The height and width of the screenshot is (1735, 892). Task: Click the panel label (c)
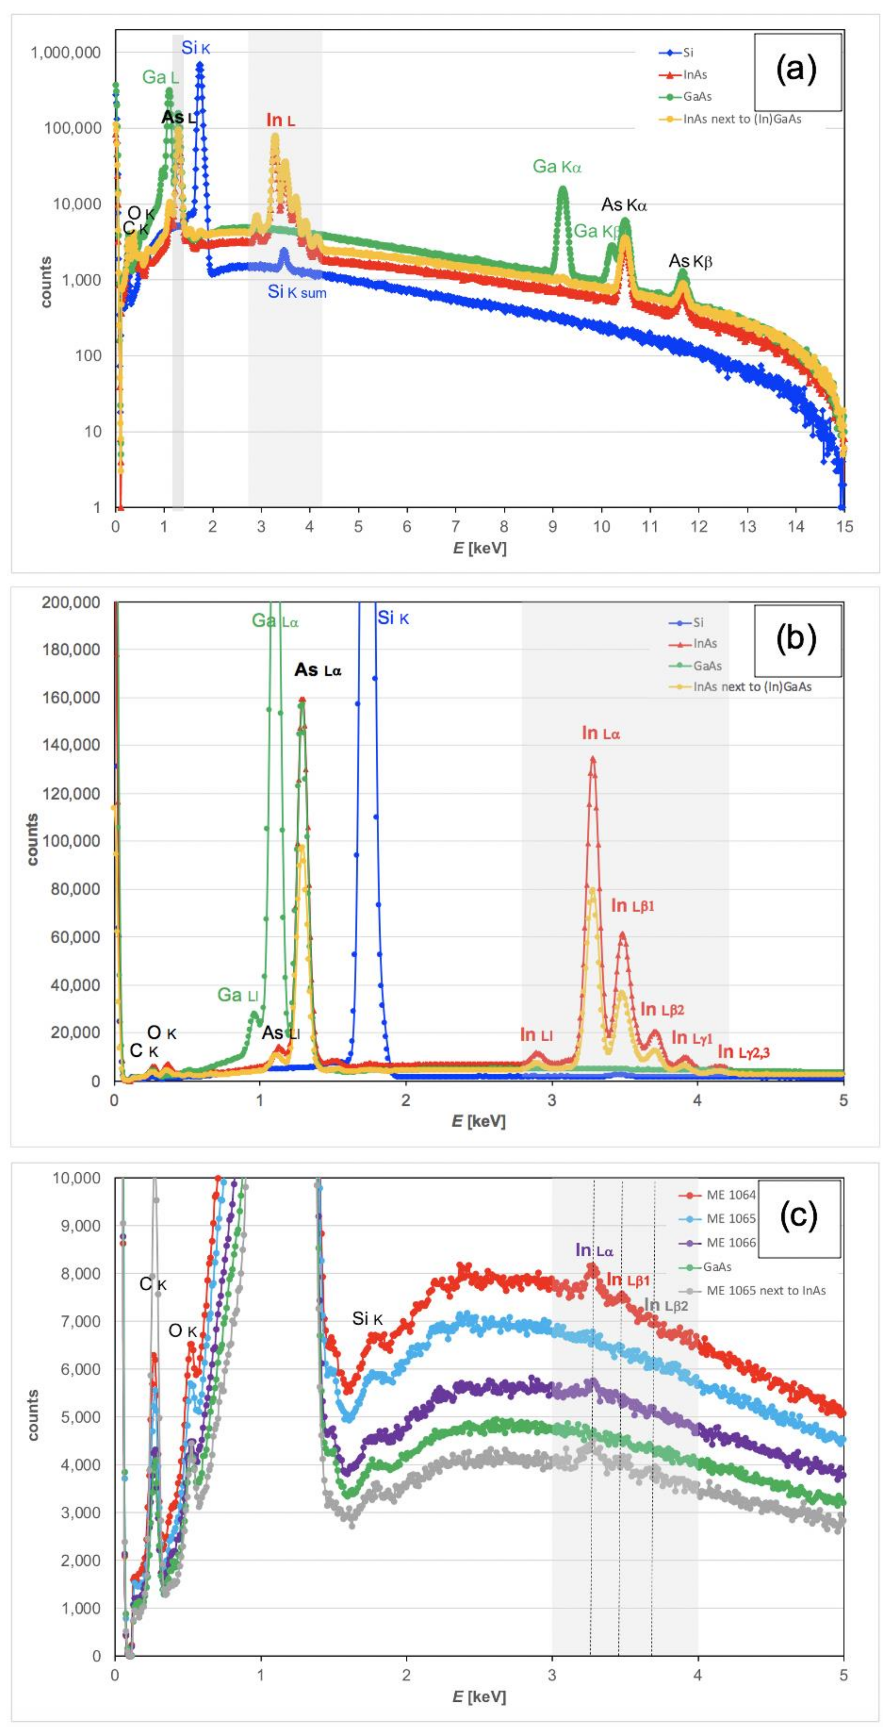coord(798,1215)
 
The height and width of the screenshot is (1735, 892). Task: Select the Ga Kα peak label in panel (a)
coord(557,166)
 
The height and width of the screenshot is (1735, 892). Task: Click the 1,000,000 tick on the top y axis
coord(65,53)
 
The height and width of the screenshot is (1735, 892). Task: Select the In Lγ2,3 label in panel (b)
coord(743,1051)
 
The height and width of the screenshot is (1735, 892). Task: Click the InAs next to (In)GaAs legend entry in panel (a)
coord(742,119)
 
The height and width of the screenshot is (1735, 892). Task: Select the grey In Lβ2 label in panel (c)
coord(666,1306)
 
